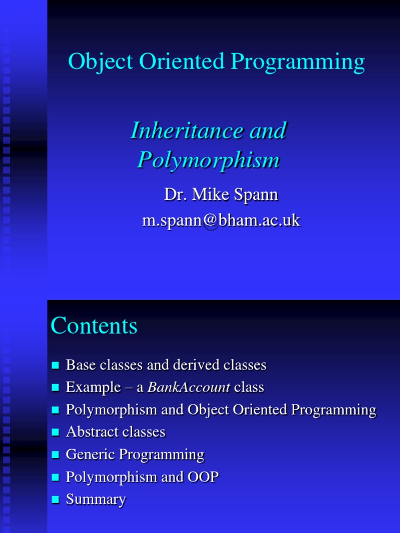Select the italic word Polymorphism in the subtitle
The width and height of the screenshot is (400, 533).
point(208,160)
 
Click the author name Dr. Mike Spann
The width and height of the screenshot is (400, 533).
point(221,195)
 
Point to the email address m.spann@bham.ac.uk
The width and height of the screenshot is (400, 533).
point(221,220)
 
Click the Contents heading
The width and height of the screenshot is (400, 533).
point(94,326)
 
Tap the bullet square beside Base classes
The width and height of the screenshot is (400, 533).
point(56,366)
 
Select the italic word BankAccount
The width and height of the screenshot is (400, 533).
point(189,387)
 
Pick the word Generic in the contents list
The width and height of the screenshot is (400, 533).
point(91,455)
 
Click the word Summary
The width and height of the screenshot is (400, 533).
point(96,500)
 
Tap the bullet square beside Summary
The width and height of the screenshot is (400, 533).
point(56,500)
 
